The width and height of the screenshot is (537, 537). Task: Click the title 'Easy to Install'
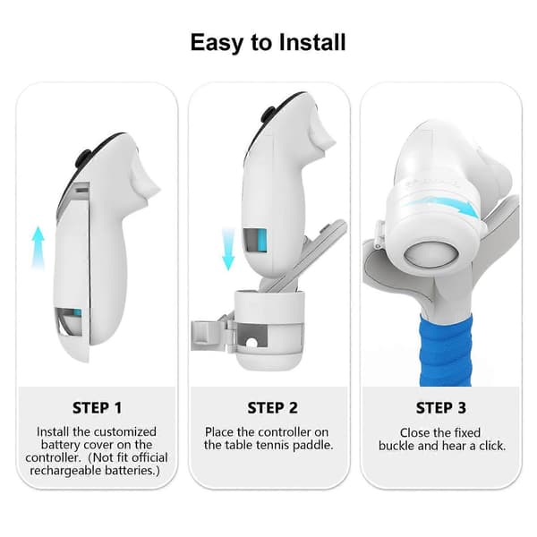268,43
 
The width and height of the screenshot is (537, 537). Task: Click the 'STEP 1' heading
97,408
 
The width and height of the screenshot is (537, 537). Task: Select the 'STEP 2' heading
272,408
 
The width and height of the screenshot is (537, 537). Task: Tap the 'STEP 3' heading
440,408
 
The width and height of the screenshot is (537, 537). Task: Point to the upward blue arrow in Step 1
38,247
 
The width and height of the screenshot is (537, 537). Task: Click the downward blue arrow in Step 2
228,250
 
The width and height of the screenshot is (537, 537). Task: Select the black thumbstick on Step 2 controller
268,115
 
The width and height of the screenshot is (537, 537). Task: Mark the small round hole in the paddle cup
251,343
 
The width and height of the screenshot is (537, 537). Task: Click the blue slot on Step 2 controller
262,241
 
